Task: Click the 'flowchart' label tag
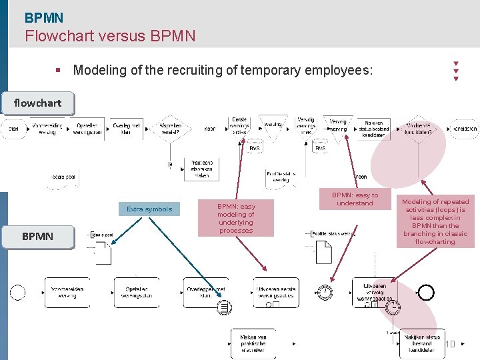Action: click(x=38, y=103)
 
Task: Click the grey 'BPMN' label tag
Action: click(x=37, y=237)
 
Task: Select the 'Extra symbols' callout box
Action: click(x=149, y=209)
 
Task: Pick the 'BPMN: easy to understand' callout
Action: click(x=355, y=199)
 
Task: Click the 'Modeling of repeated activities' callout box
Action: click(x=435, y=221)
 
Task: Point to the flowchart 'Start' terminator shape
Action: click(x=12, y=129)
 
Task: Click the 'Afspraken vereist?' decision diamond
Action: click(x=171, y=129)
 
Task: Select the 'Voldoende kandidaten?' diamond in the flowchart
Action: click(x=418, y=129)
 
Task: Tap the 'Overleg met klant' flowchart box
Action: click(x=126, y=129)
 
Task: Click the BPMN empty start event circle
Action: click(x=18, y=293)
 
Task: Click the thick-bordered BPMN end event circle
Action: click(x=425, y=291)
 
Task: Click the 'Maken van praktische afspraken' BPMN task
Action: click(x=253, y=343)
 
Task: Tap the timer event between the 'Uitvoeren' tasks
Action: click(x=325, y=292)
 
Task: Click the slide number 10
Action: click(x=450, y=345)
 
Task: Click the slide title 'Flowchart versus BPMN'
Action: click(x=110, y=36)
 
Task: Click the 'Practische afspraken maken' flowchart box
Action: click(x=202, y=169)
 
